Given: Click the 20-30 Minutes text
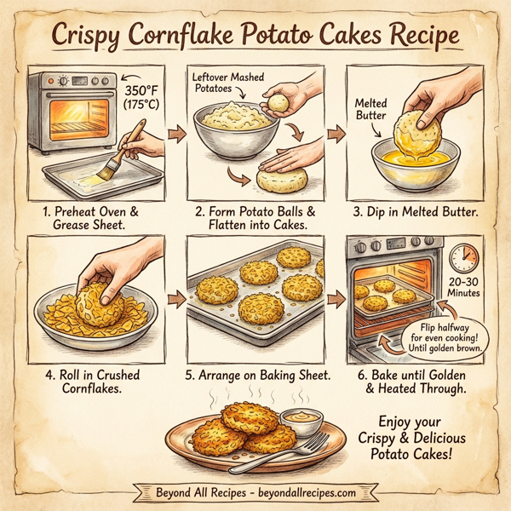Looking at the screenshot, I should click(x=463, y=288).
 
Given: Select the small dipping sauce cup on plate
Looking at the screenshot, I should click(x=302, y=419).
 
